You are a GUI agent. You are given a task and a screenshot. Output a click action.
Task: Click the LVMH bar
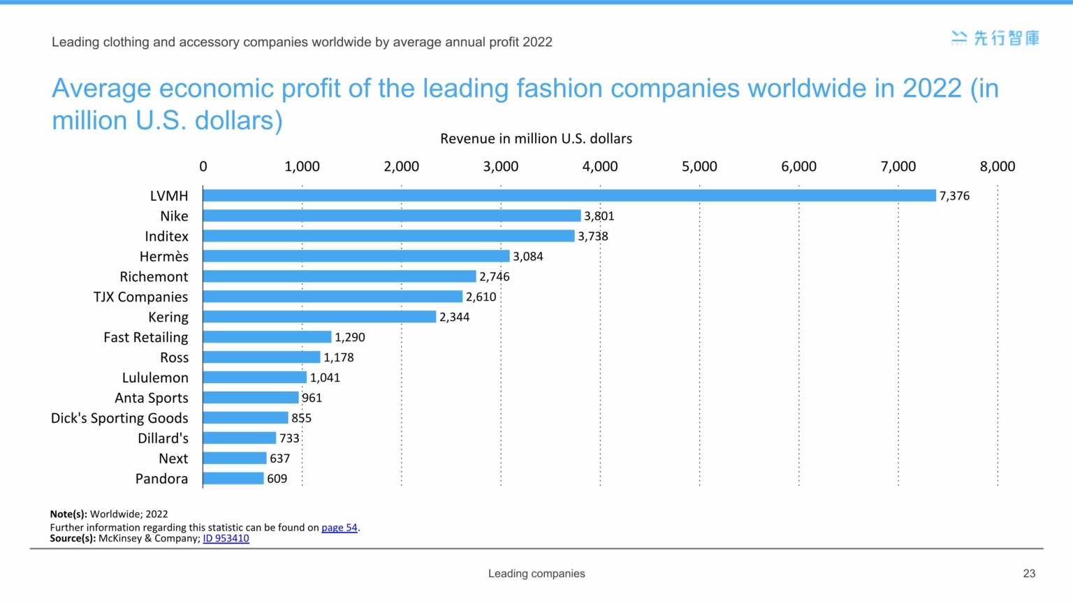pos(569,195)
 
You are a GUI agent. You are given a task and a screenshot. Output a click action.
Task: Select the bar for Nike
pos(391,216)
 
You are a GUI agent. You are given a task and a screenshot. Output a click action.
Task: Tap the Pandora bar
pos(233,479)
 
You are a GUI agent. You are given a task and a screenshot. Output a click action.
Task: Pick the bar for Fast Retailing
pos(267,337)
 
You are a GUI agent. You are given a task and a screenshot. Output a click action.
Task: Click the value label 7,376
pos(954,196)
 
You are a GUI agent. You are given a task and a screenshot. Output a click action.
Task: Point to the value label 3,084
pos(527,257)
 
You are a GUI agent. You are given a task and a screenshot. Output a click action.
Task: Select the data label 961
pos(312,398)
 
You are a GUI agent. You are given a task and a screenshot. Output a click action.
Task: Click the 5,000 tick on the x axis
pos(699,167)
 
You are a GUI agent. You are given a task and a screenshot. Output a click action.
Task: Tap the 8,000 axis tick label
pos(997,167)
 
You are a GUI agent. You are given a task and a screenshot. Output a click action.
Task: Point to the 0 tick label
pos(203,167)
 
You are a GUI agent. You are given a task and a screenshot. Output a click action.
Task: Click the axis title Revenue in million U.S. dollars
pos(536,139)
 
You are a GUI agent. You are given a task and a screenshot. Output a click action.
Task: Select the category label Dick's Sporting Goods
pos(119,418)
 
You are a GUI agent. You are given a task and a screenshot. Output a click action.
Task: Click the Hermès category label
pos(163,257)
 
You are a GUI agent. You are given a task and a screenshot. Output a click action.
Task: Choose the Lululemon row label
pos(155,378)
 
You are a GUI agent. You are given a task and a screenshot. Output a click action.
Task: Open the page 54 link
pos(339,528)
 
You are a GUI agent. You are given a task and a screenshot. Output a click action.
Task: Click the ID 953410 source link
pos(226,538)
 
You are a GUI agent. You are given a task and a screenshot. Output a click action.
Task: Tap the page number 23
pos(1029,574)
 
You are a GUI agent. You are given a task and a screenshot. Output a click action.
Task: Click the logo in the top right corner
pos(995,38)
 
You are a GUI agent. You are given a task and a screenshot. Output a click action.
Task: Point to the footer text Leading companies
pos(536,574)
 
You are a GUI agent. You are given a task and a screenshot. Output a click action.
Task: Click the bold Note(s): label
pos(68,514)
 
